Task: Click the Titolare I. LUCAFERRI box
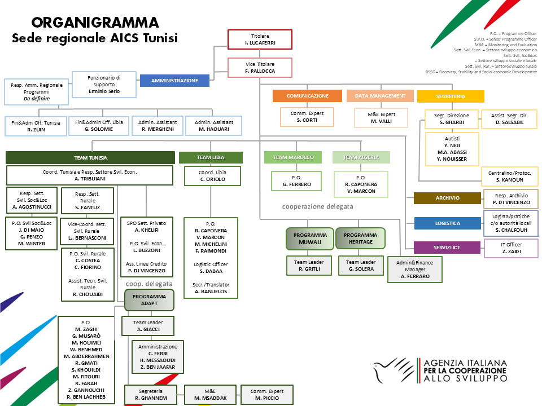[x=260, y=39]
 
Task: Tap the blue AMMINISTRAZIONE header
[x=174, y=81]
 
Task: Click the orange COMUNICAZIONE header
[x=307, y=96]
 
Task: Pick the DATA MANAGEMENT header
[x=380, y=96]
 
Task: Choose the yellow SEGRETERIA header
[x=451, y=96]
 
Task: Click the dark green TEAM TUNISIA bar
[x=90, y=158]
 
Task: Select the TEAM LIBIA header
[x=211, y=158]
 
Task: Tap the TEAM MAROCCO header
[x=293, y=157]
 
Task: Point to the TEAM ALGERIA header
[x=361, y=157]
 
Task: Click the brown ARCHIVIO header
[x=447, y=198]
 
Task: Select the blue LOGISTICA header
[x=447, y=223]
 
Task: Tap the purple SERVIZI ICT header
[x=447, y=248]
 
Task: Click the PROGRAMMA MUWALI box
[x=309, y=238]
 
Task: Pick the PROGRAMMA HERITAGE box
[x=360, y=238]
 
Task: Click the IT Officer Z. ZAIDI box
[x=511, y=248]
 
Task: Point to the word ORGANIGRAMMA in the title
[x=95, y=23]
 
